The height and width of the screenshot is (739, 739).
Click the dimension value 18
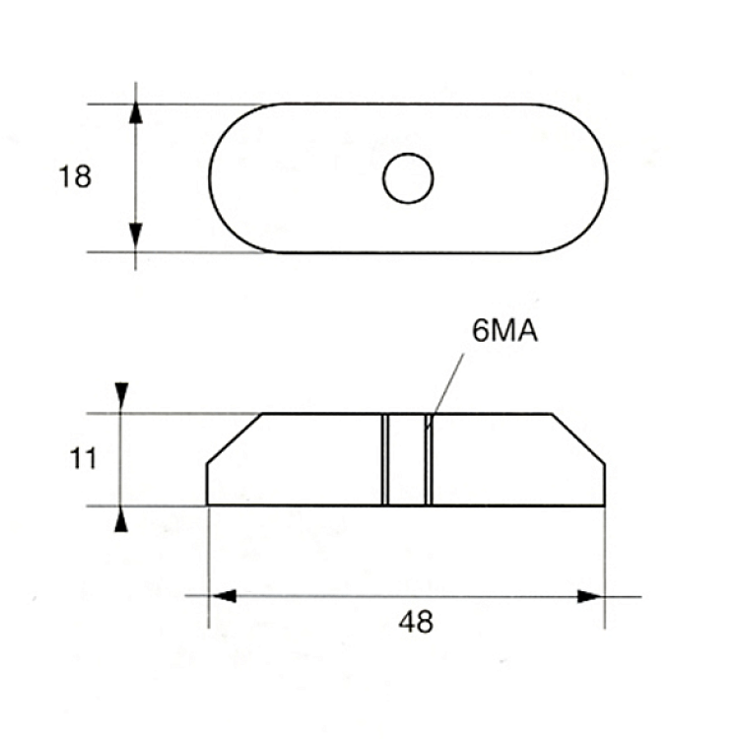75,176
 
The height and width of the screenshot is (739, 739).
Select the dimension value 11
83,458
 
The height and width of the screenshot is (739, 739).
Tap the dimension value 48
416,622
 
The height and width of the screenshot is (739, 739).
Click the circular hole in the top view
408,178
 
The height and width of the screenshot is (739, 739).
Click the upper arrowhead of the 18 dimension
136,113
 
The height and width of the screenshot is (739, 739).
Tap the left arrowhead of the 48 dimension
223,596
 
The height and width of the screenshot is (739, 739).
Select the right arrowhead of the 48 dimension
590,597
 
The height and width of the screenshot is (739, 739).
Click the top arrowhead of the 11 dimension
121,395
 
